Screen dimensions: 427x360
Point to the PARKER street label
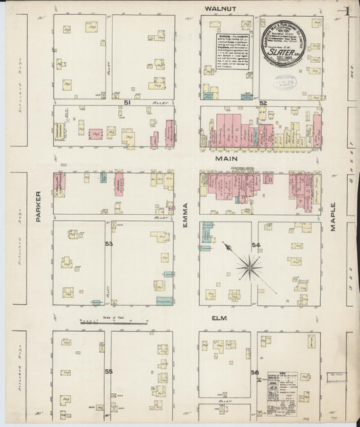point(38,205)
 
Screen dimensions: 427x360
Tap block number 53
point(109,243)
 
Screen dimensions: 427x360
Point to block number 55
point(108,371)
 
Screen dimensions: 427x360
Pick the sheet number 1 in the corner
point(346,11)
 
